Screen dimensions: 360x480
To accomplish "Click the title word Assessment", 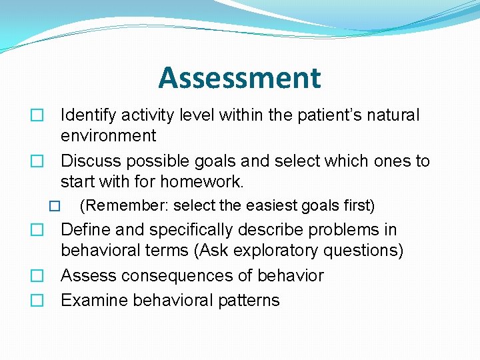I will point(239,78).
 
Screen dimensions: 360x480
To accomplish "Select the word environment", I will point(108,136).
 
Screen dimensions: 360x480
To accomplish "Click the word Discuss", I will point(88,161).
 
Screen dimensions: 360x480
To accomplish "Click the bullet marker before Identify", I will point(37,116).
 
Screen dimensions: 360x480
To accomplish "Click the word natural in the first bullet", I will point(393,115).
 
